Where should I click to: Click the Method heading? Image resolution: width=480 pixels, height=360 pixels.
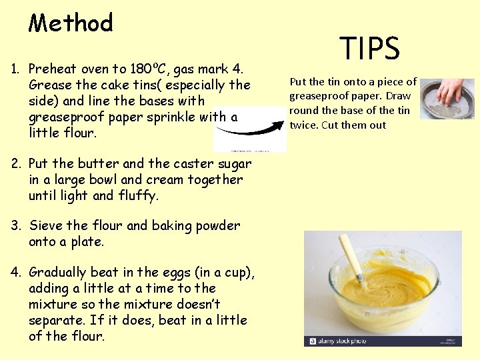(71, 24)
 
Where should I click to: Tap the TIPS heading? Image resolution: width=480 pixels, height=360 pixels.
(369, 49)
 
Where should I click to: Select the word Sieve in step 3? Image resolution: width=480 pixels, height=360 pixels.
(47, 226)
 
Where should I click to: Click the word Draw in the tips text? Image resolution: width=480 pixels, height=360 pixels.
(398, 96)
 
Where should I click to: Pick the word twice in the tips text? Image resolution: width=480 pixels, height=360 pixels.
(303, 125)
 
